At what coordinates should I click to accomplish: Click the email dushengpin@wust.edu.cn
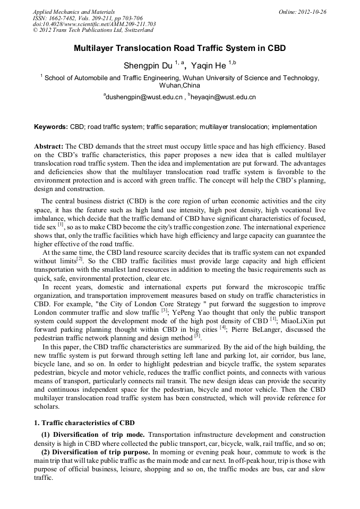[x=144, y=97]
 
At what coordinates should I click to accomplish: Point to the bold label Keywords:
[x=51, y=127]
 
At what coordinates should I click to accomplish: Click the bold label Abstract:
[x=49, y=145]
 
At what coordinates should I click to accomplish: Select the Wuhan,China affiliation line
[x=179, y=85]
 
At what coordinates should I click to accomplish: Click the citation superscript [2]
[x=79, y=259]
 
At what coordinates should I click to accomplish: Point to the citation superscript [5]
[x=197, y=335]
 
